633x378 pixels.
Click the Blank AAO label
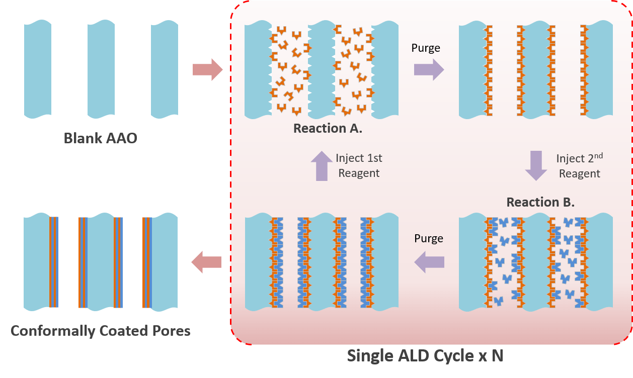coord(100,138)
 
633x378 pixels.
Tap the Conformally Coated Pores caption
coord(100,331)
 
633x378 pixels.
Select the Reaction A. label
coord(328,128)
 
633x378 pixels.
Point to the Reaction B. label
coord(540,202)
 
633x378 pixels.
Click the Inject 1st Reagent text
coord(359,165)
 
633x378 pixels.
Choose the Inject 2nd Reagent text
coord(579,166)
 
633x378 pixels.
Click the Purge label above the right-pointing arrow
coord(426,48)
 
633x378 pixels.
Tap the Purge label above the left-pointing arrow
coord(429,238)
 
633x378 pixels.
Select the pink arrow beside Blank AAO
coord(207,69)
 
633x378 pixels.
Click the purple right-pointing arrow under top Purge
coord(429,69)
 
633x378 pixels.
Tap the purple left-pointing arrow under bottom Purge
coord(429,262)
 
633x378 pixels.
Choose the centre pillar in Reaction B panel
coord(536,261)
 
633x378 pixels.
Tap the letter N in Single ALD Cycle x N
coord(497,356)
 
